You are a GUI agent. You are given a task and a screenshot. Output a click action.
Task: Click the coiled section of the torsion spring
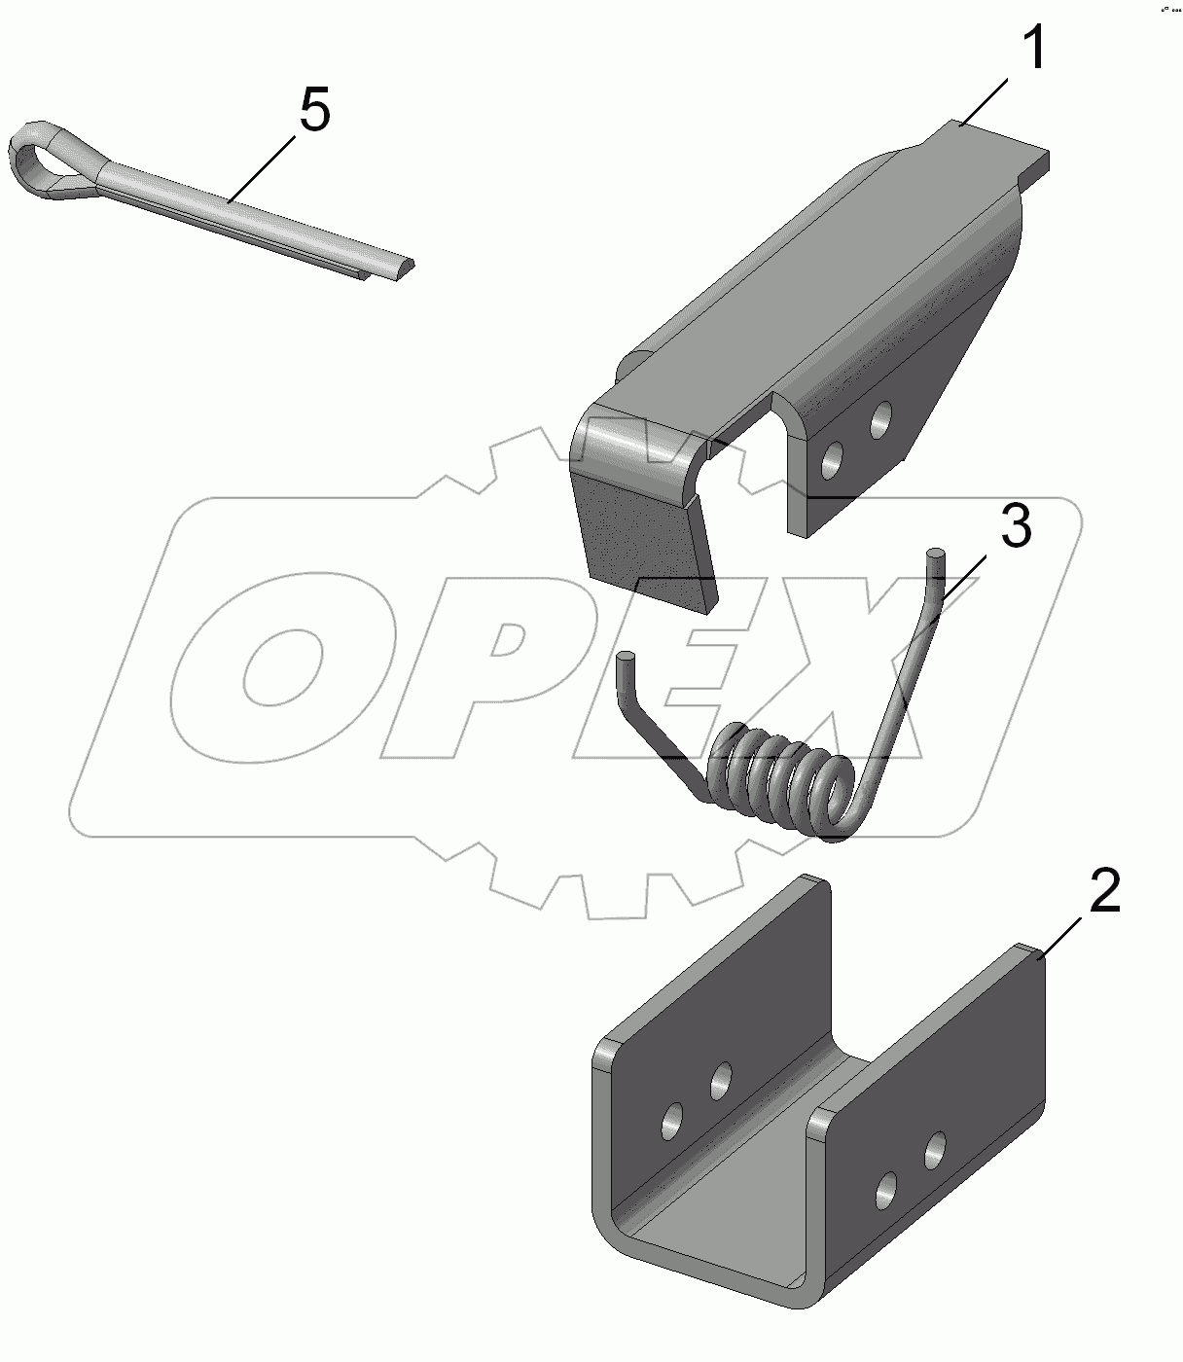(780, 779)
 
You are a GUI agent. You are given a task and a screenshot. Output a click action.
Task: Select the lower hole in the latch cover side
(832, 459)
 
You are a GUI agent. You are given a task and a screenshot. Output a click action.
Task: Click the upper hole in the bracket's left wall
(720, 1083)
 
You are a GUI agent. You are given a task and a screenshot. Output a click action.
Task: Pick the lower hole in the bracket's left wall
(672, 1121)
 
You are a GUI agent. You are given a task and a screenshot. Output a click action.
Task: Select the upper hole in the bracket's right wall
(935, 1151)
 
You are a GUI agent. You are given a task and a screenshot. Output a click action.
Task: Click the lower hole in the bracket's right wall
(886, 1190)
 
